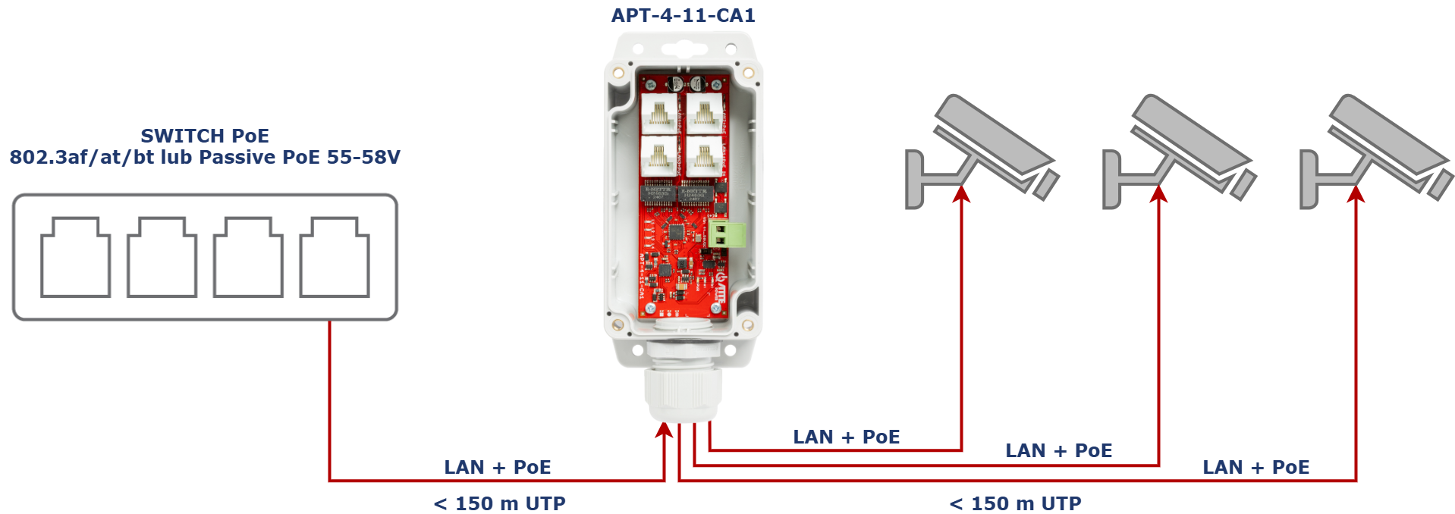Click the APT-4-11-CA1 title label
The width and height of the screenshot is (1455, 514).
tap(683, 15)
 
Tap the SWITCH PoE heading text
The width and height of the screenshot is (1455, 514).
tap(205, 136)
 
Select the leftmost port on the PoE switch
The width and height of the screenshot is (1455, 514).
tap(75, 257)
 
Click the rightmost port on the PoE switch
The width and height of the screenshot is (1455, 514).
tap(335, 257)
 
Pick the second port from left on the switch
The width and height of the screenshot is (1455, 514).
tap(162, 257)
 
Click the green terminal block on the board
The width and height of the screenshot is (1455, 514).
tap(727, 234)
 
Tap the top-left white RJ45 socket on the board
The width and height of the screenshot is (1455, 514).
tap(659, 113)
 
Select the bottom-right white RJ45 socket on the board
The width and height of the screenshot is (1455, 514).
tap(703, 155)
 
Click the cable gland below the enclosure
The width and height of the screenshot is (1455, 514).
tap(682, 393)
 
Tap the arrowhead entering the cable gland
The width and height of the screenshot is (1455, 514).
tap(665, 430)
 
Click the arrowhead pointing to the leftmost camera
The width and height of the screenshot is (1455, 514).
tap(962, 194)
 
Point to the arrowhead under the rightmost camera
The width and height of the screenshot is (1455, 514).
tap(1356, 194)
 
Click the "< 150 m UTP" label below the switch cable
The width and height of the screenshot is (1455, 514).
tap(499, 503)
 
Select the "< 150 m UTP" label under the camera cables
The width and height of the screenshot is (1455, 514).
tap(1015, 503)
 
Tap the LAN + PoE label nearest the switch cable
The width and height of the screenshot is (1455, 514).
tap(498, 467)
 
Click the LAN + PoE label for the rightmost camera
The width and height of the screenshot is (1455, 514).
tap(1256, 467)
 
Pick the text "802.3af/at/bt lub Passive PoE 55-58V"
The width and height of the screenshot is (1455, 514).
tap(205, 157)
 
